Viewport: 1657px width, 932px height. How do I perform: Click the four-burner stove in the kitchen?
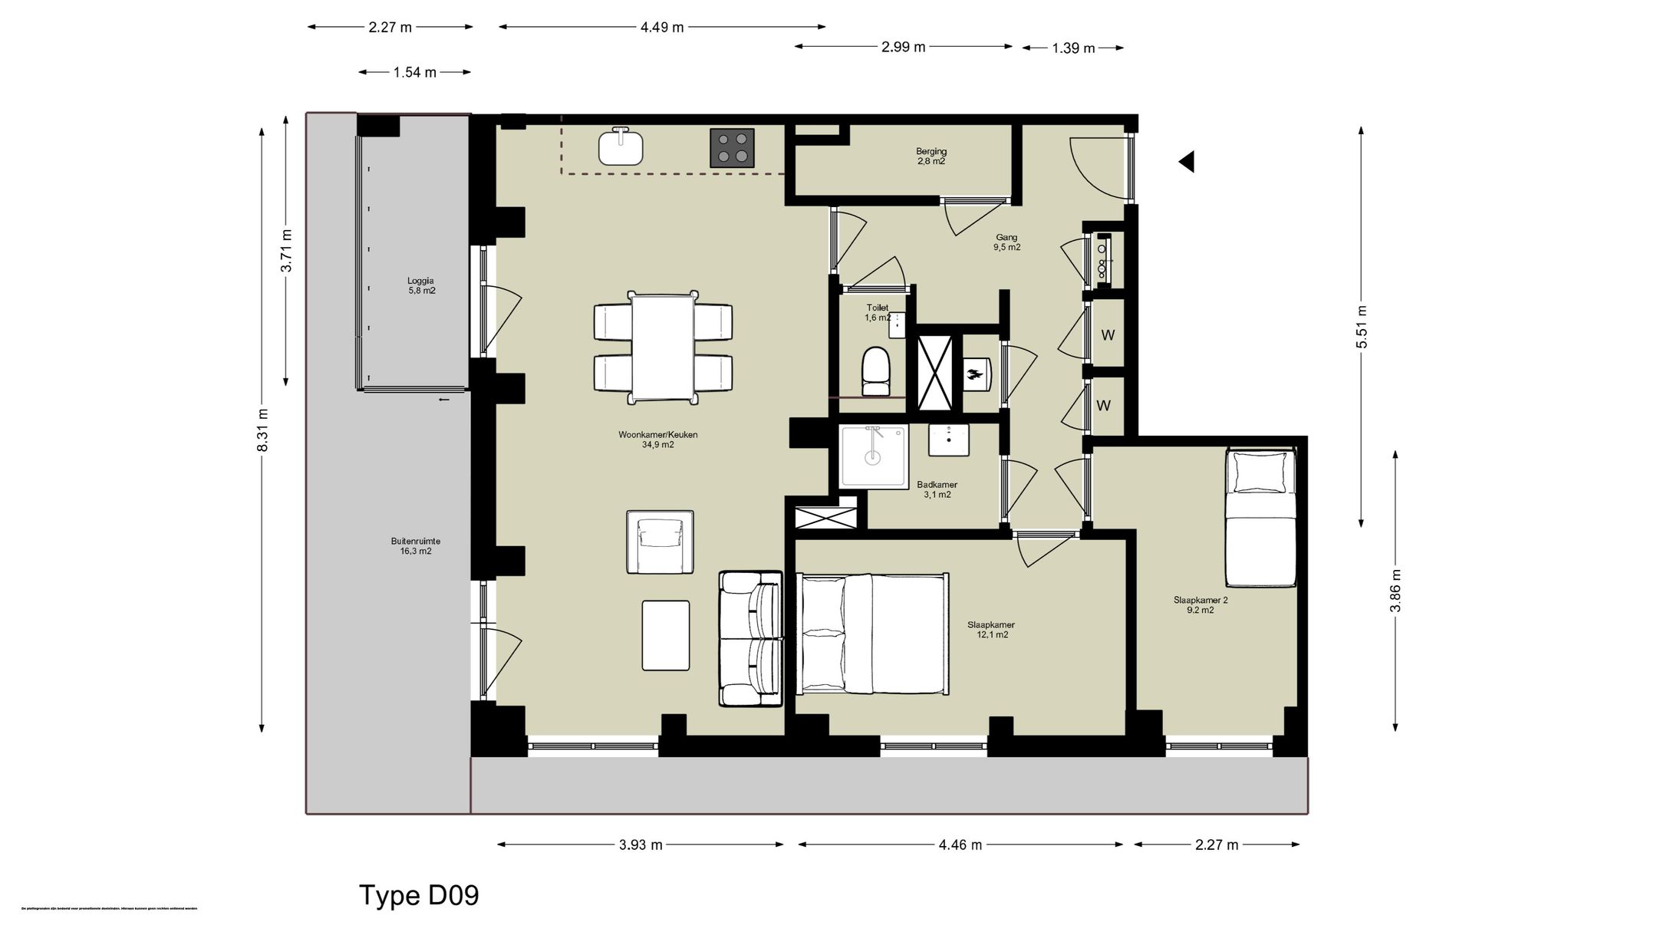pyautogui.click(x=732, y=148)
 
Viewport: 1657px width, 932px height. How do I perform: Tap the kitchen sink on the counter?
pyautogui.click(x=620, y=147)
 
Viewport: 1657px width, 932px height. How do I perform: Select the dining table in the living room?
pyautogui.click(x=663, y=347)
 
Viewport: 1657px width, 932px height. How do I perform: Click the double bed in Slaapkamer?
pyautogui.click(x=872, y=634)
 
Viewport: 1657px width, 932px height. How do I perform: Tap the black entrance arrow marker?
pyautogui.click(x=1187, y=162)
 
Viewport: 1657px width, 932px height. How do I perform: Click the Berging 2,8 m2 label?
pyautogui.click(x=931, y=156)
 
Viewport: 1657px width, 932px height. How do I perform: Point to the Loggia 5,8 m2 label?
pyautogui.click(x=421, y=285)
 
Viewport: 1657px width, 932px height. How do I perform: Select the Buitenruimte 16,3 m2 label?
pyautogui.click(x=415, y=546)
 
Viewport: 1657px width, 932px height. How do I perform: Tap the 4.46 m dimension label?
pyautogui.click(x=960, y=845)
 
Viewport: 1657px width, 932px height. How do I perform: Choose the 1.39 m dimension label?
pyautogui.click(x=1072, y=48)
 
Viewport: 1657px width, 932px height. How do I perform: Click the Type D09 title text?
pyautogui.click(x=419, y=895)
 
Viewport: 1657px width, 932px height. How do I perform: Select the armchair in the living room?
pyautogui.click(x=660, y=542)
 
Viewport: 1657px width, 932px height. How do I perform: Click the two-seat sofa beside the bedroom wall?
pyautogui.click(x=750, y=638)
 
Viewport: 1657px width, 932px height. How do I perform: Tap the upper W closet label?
pyautogui.click(x=1108, y=335)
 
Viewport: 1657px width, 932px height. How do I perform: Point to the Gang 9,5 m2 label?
pyautogui.click(x=1006, y=242)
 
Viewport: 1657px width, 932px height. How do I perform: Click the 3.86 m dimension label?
pyautogui.click(x=1395, y=591)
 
